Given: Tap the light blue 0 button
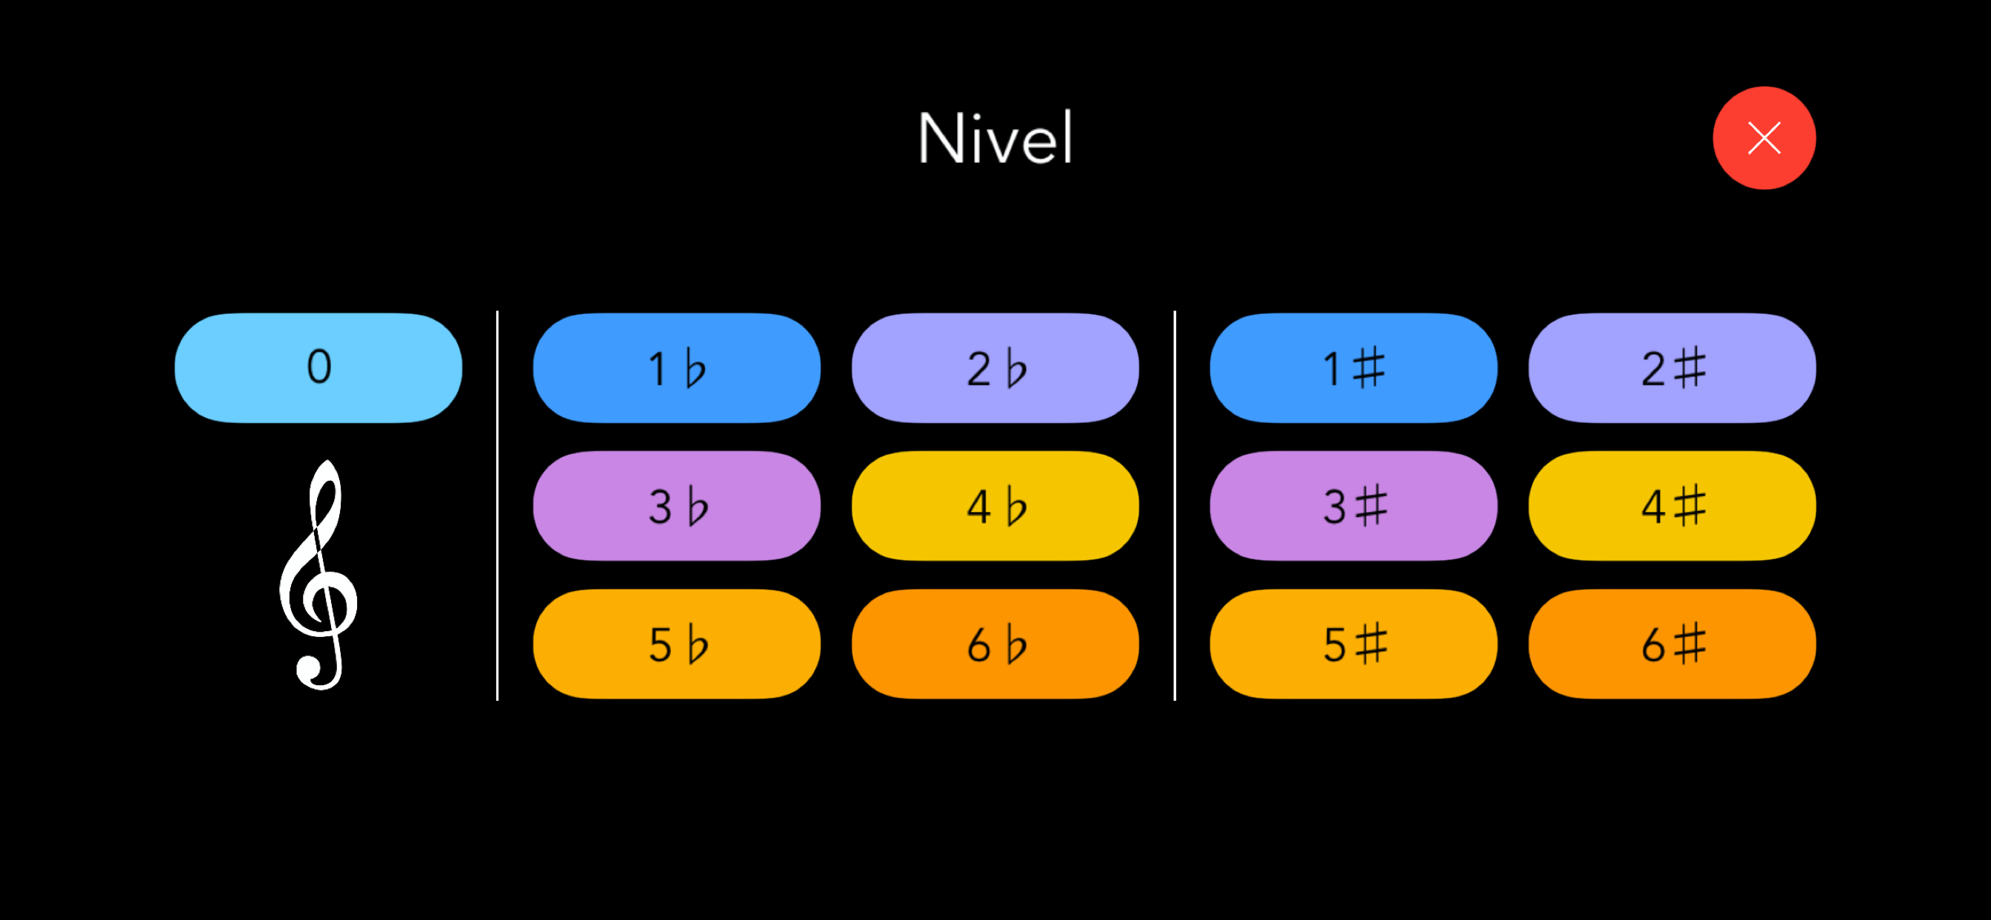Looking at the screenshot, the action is point(319,367).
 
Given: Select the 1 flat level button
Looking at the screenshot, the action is point(676,367).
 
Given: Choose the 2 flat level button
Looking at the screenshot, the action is point(995,367).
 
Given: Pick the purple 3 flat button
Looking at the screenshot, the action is point(676,506).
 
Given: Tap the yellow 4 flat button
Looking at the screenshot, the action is point(995,506).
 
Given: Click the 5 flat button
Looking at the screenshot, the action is point(676,644).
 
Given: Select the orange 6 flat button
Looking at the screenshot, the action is point(995,644).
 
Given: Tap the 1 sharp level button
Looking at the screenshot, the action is point(1353,367).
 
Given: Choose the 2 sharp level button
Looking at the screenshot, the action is point(1672,367).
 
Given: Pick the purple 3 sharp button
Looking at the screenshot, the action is point(1353,506).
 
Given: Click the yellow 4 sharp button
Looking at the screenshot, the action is point(1672,506).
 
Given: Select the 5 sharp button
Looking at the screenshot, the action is point(1353,644).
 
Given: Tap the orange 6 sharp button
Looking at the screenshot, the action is point(1672,644).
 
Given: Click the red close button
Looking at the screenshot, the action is point(1764,138).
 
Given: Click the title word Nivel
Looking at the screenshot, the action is point(995,138).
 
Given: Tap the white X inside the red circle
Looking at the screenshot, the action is point(1764,138).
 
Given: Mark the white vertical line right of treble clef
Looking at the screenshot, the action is point(497,506).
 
